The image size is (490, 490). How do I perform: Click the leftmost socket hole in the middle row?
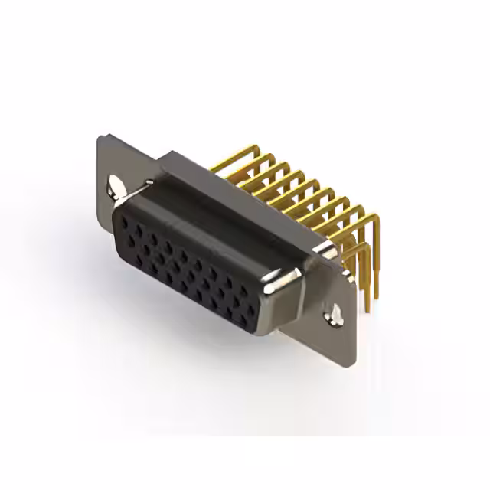point(132,240)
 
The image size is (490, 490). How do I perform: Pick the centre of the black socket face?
point(188,268)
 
